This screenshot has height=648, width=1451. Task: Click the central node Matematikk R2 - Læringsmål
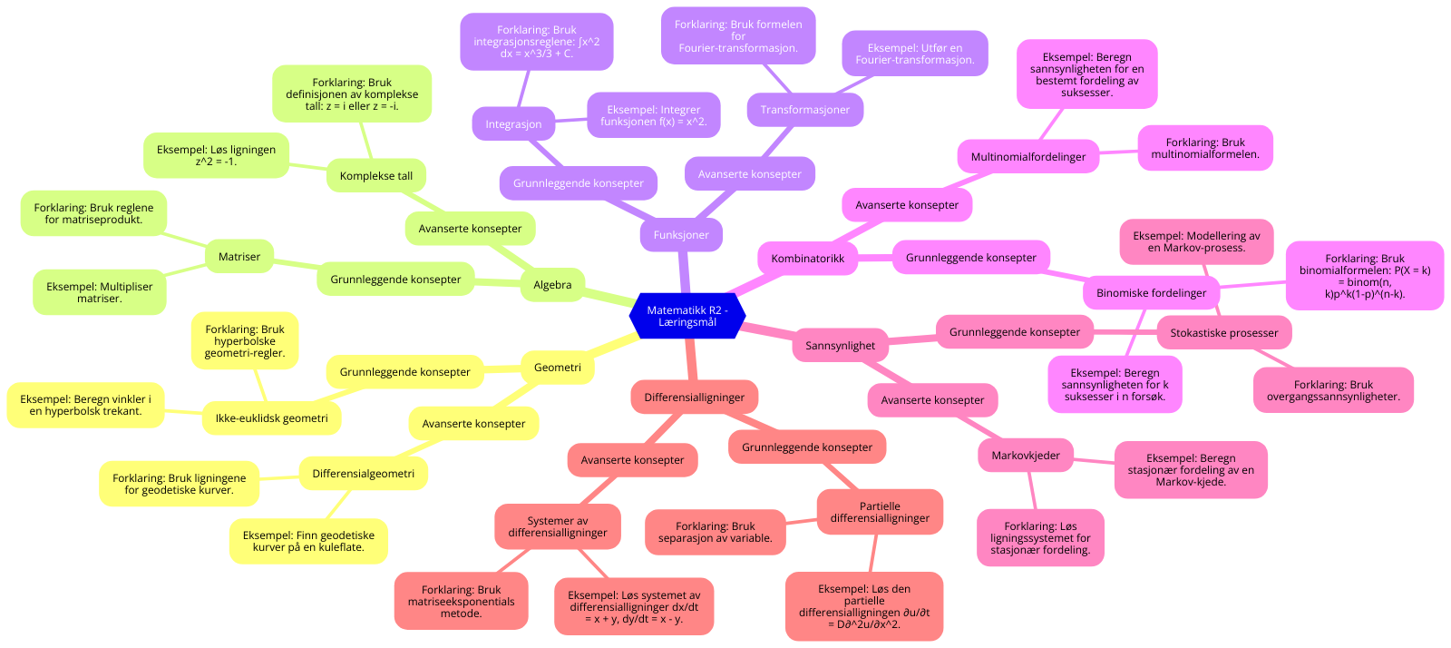click(687, 316)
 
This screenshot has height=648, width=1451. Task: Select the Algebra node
click(552, 285)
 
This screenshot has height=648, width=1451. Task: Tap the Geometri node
click(558, 368)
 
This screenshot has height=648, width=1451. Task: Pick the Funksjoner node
click(681, 235)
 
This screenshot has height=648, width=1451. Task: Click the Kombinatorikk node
click(807, 259)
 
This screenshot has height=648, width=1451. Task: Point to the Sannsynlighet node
click(841, 346)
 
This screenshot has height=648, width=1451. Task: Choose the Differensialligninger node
click(695, 398)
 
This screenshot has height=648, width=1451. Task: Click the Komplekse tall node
click(376, 176)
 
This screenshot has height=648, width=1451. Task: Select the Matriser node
click(239, 257)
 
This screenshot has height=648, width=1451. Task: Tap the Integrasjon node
click(513, 124)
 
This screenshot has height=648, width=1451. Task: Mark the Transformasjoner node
click(805, 110)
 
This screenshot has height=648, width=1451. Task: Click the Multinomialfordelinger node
click(1028, 157)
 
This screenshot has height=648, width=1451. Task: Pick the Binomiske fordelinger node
click(1152, 293)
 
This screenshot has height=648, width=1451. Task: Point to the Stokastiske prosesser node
click(1224, 333)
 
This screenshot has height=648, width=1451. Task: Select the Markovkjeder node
click(1026, 456)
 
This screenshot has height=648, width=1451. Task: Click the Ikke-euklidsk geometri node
click(272, 418)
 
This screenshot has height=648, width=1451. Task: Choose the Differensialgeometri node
click(364, 474)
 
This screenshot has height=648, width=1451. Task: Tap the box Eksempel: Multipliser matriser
click(100, 292)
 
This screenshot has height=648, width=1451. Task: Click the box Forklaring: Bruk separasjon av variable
click(716, 532)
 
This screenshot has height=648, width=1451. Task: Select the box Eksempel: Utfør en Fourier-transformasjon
click(915, 54)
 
